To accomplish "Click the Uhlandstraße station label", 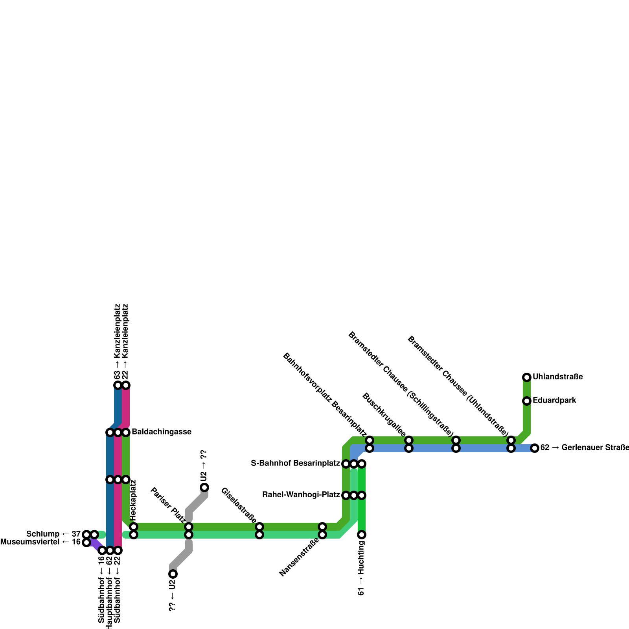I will (x=557, y=377).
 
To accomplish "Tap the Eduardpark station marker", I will (x=527, y=401).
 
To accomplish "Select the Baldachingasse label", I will (x=161, y=432).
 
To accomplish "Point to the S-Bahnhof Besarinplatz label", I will (x=295, y=463).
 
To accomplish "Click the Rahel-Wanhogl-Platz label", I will (x=301, y=495).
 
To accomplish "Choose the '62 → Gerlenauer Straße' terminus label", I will (x=584, y=448).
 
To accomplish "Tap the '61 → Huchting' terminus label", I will (x=361, y=568).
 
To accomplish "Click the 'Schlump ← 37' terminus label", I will (x=53, y=534).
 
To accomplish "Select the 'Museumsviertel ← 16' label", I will (x=40, y=543).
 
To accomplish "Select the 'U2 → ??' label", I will (x=203, y=466).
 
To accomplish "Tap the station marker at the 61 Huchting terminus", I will (x=362, y=535).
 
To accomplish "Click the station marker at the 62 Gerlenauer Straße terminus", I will (x=535, y=448).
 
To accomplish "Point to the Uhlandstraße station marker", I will (x=527, y=377).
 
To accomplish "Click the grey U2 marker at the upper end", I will (x=204, y=487).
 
